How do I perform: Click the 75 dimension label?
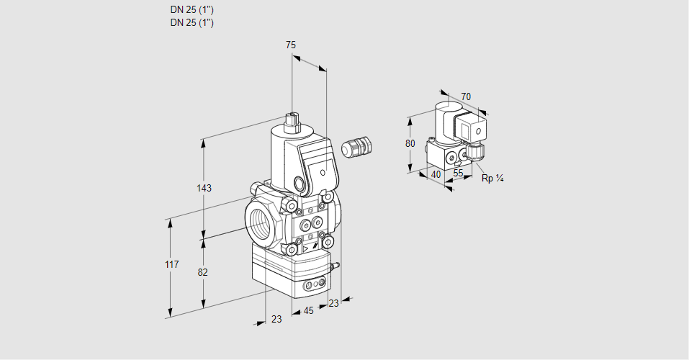tap(290, 45)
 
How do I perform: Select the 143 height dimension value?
tap(204, 188)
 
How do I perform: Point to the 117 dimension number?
tap(171, 265)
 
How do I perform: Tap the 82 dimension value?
tap(204, 272)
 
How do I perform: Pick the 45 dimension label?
tap(308, 311)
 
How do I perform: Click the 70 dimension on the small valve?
tap(466, 96)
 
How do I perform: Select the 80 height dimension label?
tap(410, 143)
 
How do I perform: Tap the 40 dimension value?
tap(436, 174)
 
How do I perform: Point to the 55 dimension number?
tap(458, 174)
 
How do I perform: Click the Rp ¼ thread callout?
tap(492, 179)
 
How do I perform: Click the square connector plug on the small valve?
tap(475, 132)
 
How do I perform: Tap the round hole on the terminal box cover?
tap(323, 173)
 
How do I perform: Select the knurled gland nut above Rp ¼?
tap(475, 152)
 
